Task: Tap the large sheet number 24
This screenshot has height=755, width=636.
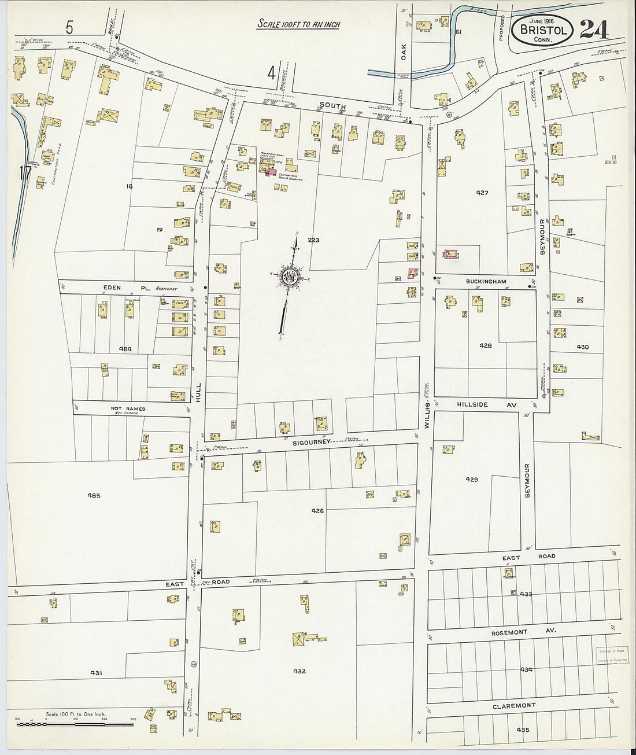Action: tap(594, 29)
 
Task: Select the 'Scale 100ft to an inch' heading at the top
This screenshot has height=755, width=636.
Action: tap(298, 24)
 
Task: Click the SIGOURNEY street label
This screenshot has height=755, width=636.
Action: tap(311, 441)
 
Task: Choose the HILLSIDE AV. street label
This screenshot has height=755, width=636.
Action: tap(488, 405)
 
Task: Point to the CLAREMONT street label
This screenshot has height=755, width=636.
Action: tap(514, 706)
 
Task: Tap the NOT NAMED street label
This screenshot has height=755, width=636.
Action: tap(128, 408)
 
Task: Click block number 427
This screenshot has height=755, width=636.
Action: tap(482, 193)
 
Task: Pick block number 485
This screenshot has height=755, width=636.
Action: tap(94, 495)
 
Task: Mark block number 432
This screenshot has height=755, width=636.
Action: tap(299, 671)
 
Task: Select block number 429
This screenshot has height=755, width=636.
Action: tap(471, 479)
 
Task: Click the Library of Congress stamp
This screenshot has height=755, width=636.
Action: tap(612, 654)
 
